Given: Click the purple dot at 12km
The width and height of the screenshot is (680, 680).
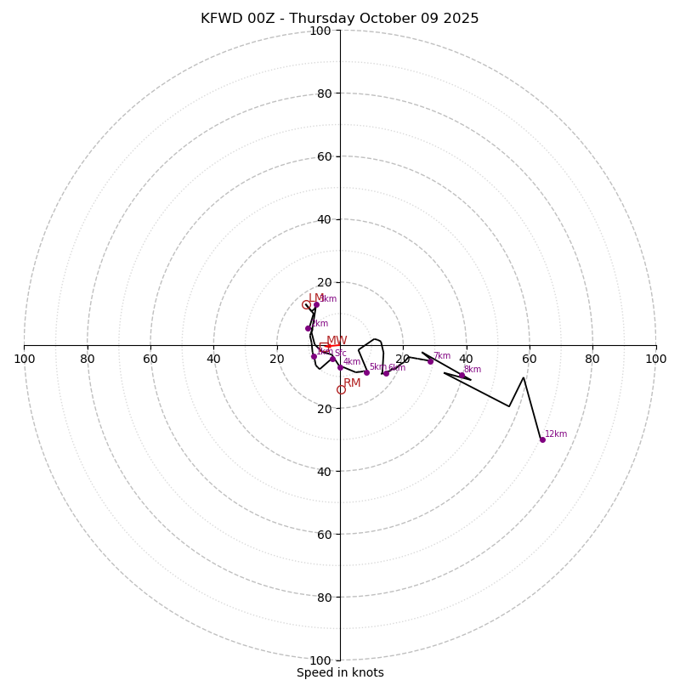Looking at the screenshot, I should [542, 439].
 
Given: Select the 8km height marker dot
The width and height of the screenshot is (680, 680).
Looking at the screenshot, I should [462, 375].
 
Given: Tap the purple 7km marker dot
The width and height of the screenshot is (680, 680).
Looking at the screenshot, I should [430, 361].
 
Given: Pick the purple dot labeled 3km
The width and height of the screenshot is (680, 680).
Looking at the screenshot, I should [316, 305].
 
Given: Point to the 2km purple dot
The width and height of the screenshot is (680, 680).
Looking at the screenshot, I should [308, 328].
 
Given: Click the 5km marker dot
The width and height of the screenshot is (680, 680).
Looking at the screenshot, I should [366, 372].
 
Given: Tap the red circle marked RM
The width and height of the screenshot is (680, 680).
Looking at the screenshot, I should [341, 389].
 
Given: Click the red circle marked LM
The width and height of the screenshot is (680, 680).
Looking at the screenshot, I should [306, 305].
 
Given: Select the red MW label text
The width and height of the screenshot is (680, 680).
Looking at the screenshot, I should [337, 341].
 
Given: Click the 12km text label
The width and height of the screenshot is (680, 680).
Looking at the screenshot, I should [556, 434].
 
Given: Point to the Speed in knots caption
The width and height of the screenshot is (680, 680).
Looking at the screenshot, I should [340, 672].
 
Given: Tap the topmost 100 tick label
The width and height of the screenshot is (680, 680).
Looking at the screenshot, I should [320, 31].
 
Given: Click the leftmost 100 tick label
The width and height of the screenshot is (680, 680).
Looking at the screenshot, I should [24, 359].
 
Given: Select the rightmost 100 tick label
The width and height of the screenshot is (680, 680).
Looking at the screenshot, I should [655, 359].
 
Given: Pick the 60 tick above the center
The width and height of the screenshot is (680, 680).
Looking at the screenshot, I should [324, 156].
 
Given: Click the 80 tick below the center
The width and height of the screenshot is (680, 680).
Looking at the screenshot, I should [324, 597].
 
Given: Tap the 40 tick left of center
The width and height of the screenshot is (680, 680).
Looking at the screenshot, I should [213, 359].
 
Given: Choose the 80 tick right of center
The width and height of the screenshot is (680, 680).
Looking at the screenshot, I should [592, 359].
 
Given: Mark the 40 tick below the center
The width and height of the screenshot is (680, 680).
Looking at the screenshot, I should [324, 471].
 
